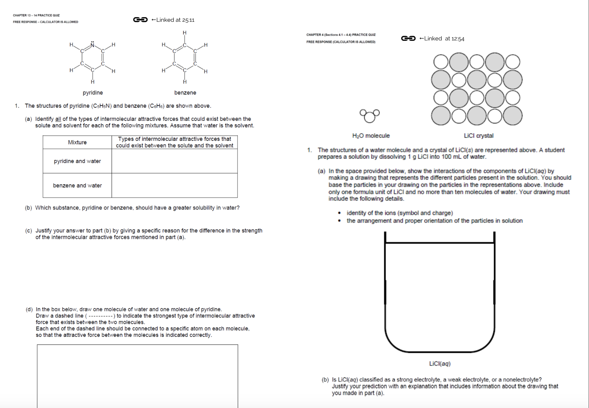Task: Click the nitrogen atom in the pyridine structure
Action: (x=92, y=45)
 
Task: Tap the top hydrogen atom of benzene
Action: (x=185, y=33)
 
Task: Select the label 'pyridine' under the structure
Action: (x=93, y=92)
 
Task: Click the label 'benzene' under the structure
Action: (x=185, y=92)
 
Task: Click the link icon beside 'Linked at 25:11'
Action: (x=140, y=20)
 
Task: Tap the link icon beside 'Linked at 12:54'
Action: (x=408, y=39)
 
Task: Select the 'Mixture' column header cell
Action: (x=77, y=142)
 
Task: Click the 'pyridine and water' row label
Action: (x=77, y=161)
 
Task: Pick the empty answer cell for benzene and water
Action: (x=174, y=185)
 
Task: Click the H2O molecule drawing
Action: (x=370, y=115)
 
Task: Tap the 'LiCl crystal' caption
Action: (x=479, y=136)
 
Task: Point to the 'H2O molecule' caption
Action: (x=371, y=136)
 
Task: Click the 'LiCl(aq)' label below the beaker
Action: (x=440, y=364)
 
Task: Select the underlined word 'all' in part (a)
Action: (x=58, y=119)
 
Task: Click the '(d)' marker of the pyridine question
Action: (x=29, y=309)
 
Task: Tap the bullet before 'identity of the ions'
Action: (x=340, y=213)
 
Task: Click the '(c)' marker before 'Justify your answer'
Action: (x=29, y=230)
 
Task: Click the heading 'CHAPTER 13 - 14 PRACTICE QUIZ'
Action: (x=36, y=15)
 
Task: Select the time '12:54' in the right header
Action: (x=458, y=39)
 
